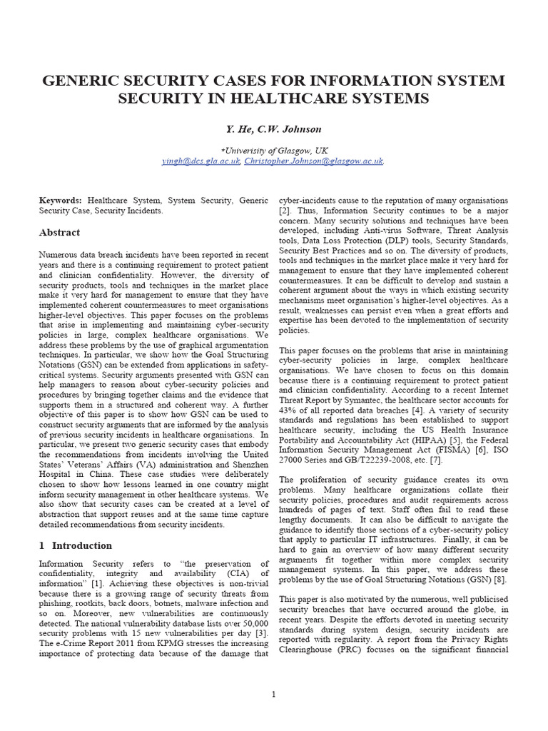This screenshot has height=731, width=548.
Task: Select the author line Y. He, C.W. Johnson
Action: click(x=273, y=129)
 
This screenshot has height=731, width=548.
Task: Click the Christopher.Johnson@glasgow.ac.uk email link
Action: click(x=314, y=161)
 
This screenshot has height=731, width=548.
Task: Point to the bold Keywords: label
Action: click(x=59, y=201)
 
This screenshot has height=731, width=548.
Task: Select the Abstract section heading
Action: click(x=59, y=233)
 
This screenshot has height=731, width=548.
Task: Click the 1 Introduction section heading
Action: click(x=75, y=545)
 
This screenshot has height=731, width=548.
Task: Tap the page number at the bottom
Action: click(x=274, y=695)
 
